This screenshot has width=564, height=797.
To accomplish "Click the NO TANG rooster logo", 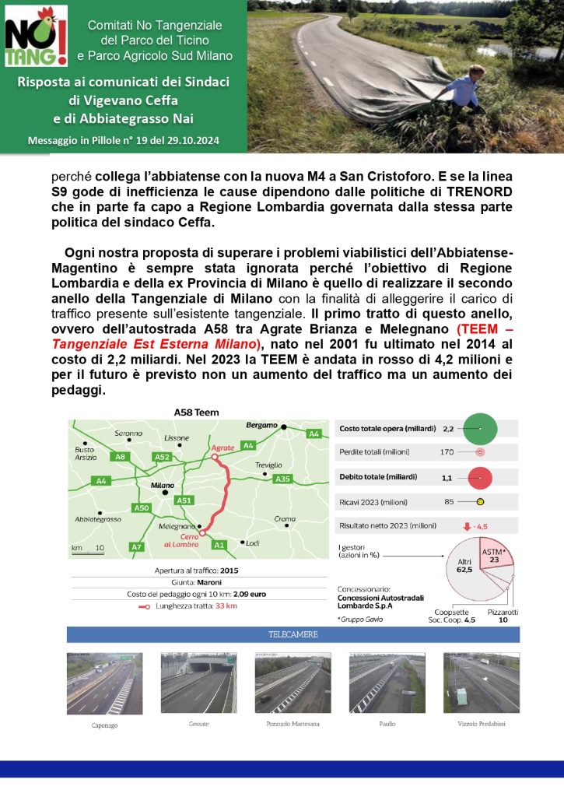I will coord(36,36).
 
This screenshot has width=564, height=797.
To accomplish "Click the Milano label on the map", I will coord(163,485).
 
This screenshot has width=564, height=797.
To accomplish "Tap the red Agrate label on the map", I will coord(222,448).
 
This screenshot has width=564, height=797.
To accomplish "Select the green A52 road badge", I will coord(163,457).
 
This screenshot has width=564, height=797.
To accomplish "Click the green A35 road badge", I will coord(283,479).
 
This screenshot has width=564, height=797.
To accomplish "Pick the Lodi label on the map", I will coord(253,542).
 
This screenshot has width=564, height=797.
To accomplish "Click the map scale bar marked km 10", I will coord(88,549).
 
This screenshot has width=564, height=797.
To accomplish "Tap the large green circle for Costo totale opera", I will coord(481,428).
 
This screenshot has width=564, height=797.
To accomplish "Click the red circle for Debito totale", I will coord(481,476).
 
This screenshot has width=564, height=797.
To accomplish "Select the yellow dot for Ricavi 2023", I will coord(480,502).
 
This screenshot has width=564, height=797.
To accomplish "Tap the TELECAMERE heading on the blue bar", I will coord(293,635).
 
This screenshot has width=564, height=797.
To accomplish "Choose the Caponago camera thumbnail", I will coord(104,683).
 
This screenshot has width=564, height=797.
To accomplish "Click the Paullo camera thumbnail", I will coord(387,683).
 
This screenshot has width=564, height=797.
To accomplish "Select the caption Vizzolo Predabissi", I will coord(481,724).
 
